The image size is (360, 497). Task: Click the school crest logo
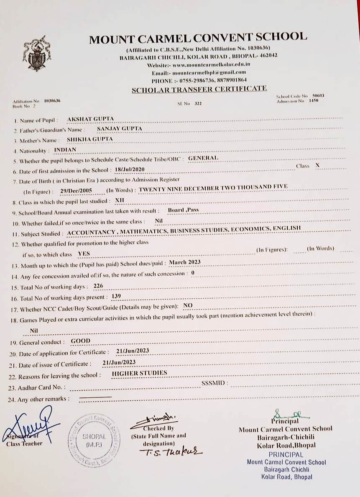37,53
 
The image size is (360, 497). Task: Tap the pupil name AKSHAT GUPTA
90,119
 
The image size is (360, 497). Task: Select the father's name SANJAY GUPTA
120,129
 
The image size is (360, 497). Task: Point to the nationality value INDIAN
66,149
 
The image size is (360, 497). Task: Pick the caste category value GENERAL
203,158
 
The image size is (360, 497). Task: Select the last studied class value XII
120,201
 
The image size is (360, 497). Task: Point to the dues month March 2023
185,262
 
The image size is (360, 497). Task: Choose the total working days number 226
98,286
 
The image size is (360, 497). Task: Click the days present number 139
116,297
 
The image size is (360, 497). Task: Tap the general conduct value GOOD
81,341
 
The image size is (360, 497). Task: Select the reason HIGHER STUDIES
140,373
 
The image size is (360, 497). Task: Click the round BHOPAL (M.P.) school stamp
94,439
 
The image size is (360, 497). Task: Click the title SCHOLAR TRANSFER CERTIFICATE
199,89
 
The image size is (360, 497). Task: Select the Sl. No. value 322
198,103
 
